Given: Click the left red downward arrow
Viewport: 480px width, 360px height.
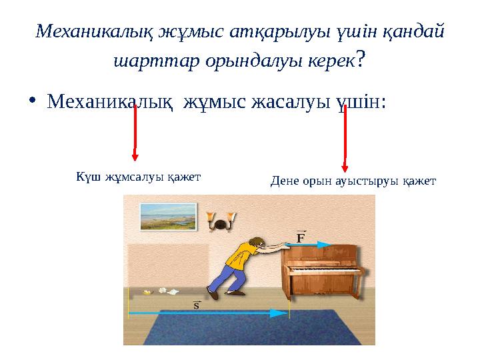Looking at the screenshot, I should (135, 133).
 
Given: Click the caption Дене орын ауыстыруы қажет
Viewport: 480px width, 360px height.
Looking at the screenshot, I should (353, 180).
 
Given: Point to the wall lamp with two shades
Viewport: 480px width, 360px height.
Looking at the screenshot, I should (221, 222).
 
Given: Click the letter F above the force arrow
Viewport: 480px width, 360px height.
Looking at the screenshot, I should (301, 237).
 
